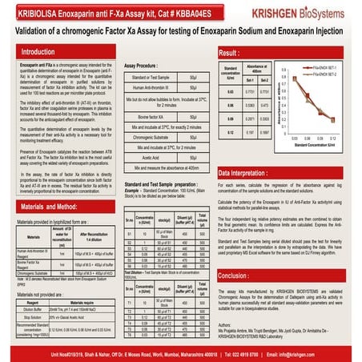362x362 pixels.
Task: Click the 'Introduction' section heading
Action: (45, 51)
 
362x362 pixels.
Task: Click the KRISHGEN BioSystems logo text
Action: (301, 14)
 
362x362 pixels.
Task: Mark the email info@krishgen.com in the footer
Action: (316, 353)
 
